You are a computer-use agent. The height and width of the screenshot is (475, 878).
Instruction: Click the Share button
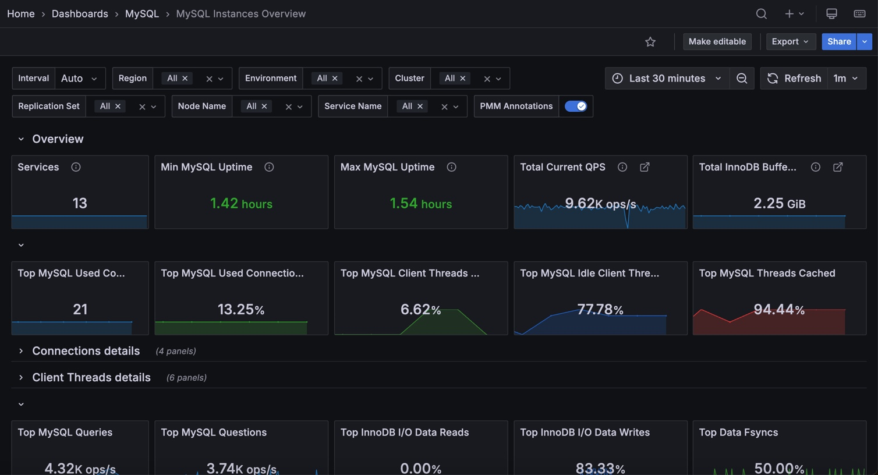click(839, 41)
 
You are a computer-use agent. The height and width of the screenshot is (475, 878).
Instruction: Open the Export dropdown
click(790, 41)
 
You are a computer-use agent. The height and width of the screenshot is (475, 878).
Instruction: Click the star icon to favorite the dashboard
click(650, 41)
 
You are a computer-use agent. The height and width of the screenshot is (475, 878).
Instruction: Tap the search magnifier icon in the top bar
click(761, 14)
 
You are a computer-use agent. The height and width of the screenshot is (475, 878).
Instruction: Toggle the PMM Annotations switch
click(575, 106)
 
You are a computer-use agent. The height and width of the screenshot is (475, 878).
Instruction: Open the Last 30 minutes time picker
click(667, 79)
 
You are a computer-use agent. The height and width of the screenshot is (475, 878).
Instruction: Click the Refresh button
click(794, 79)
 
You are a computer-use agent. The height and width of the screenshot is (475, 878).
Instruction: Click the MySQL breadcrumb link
click(142, 14)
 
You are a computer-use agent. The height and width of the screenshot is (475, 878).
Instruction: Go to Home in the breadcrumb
click(21, 14)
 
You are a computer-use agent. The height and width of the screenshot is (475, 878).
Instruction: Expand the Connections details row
click(86, 351)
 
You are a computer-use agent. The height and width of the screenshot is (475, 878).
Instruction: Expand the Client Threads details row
click(91, 377)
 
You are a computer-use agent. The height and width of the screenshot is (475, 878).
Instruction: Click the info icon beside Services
click(76, 167)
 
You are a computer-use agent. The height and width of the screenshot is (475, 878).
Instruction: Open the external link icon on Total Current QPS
click(645, 167)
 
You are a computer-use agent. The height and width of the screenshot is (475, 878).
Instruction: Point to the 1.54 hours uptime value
click(421, 203)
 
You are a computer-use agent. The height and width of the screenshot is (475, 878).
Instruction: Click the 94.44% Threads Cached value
click(779, 310)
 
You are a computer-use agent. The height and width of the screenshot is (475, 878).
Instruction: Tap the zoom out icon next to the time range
click(742, 79)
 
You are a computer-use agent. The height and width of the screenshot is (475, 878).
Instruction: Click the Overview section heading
click(58, 139)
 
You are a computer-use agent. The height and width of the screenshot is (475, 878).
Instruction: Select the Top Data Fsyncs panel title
click(738, 433)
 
